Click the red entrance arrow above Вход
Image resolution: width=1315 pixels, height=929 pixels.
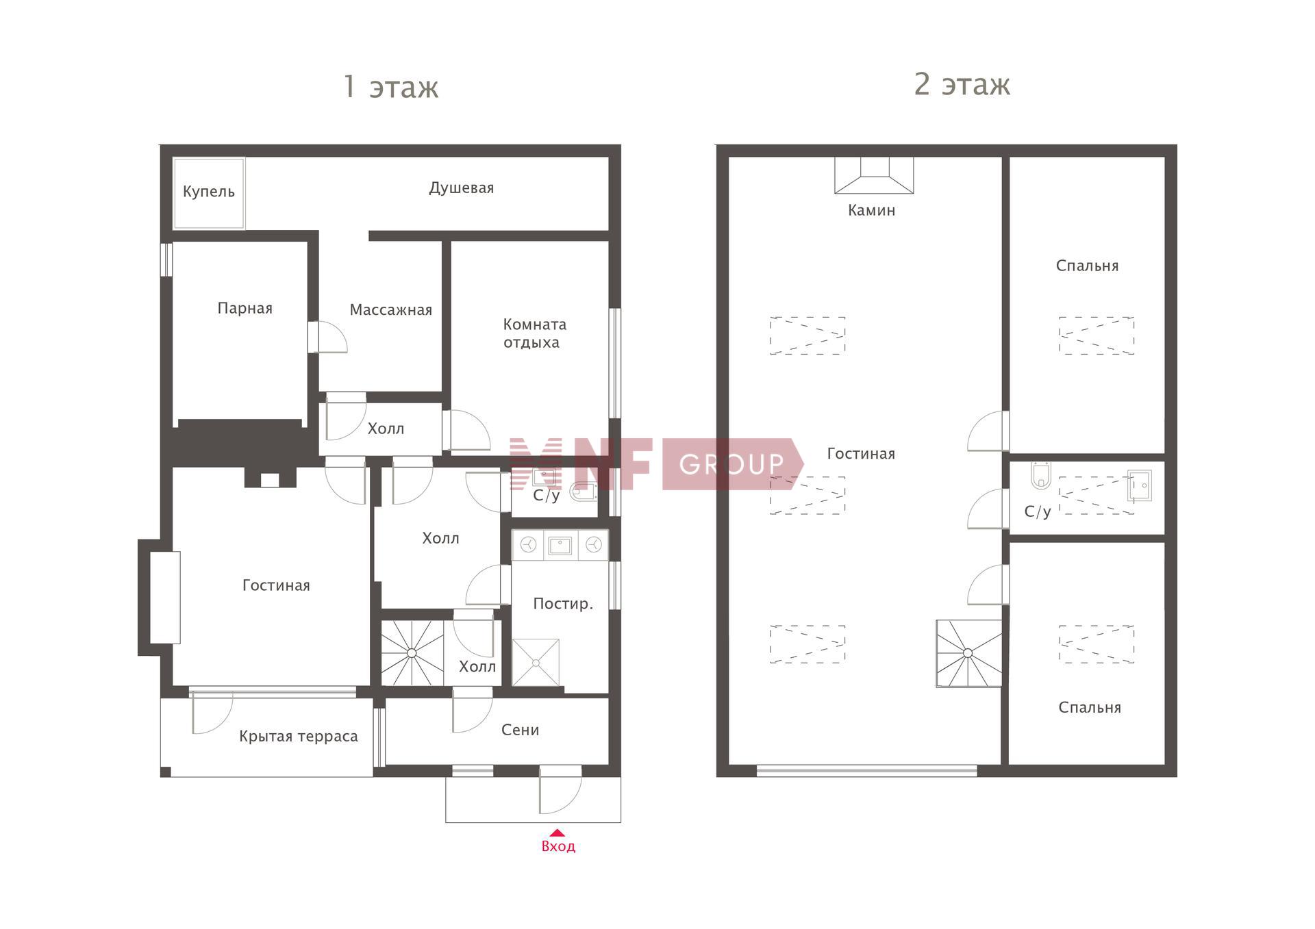[558, 832]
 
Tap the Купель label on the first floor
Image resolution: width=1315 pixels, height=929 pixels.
[209, 192]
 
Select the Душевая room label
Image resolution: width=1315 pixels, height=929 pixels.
[461, 188]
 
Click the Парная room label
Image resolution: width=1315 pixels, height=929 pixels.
[245, 308]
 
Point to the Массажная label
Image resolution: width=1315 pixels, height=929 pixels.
[390, 310]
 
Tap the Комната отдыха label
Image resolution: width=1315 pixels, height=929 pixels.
[534, 333]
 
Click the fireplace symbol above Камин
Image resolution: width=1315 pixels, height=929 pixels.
[873, 175]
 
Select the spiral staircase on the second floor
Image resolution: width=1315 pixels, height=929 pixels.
[968, 653]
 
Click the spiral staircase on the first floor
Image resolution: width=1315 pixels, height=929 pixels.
[412, 653]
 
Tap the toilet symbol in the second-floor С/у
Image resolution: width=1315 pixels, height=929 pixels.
[1040, 476]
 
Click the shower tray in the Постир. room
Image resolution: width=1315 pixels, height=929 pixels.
[536, 662]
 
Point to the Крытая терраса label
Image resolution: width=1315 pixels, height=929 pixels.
[298, 737]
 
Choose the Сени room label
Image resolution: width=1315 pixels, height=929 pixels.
[520, 730]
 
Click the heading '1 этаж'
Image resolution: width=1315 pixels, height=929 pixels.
[390, 88]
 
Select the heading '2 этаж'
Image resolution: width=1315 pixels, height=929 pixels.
[962, 84]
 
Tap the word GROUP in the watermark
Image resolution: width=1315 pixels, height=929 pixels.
[731, 465]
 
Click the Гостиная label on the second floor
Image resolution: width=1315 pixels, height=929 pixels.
[861, 454]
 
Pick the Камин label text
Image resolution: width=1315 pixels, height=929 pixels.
[871, 210]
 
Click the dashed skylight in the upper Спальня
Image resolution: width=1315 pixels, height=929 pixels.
[1097, 335]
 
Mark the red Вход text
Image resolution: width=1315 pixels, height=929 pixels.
[558, 847]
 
